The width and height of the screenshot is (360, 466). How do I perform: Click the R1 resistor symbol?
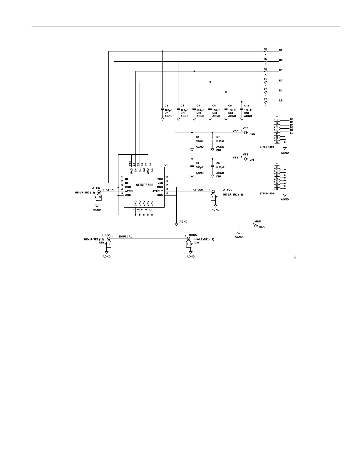265,51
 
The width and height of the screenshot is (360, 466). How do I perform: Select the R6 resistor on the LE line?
265,102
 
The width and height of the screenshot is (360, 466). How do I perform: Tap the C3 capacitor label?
166,106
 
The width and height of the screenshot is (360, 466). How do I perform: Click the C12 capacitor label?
247,106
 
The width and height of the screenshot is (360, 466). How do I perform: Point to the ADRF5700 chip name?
144,185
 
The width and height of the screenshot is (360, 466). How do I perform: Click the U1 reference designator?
166,165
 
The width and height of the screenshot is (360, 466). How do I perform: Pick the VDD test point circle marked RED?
246,133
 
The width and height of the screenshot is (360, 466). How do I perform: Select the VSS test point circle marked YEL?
246,159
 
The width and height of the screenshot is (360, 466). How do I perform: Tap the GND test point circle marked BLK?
256,226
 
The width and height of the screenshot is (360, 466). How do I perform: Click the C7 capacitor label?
218,137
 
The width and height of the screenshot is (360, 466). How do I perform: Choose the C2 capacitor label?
197,163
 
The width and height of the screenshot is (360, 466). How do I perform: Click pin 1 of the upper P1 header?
277,120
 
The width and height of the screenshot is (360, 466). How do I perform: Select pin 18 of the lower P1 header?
277,189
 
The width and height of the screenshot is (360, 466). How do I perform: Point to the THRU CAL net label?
125,237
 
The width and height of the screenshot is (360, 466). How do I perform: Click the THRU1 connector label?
106,235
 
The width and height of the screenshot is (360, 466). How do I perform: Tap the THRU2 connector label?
193,235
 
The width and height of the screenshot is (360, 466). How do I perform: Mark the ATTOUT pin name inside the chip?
158,191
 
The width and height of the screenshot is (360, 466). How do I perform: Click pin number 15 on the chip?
167,177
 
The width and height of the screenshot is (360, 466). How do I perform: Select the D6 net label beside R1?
281,50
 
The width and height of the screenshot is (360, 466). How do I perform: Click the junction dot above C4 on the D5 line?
178,61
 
